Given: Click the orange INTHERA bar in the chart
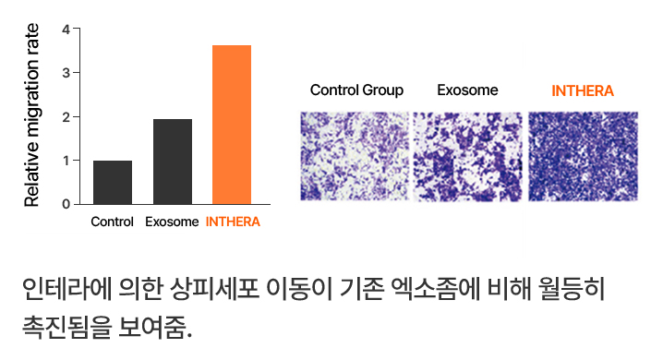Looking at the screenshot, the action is coord(232,125).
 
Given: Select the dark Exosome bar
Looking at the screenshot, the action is coord(173,162).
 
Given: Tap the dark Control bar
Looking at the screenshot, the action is coord(113,183).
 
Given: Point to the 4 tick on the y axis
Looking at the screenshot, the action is coord(66,30).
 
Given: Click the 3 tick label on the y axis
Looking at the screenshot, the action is coord(66,73).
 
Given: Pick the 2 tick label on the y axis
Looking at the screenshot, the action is coord(66,117).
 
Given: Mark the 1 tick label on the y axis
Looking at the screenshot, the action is coord(66,161).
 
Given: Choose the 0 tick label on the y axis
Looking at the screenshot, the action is coord(66,205).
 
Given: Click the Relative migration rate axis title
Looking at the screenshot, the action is coord(31,115).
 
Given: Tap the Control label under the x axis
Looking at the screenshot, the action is coord(112,222).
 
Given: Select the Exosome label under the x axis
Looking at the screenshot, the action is coord(172,222).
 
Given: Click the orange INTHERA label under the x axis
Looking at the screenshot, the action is coord(233,222).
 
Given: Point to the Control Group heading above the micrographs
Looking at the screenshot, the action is coord(356,90).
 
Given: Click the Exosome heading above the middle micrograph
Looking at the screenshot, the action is coord(467,90).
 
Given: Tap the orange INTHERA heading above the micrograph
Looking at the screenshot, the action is coord(583,90).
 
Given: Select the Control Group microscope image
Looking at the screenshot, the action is coord(355,156).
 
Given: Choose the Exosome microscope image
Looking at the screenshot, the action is coord(467,156).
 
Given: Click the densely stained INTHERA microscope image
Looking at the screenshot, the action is coord(583,156).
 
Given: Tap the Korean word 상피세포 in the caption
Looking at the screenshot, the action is coord(214,290).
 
